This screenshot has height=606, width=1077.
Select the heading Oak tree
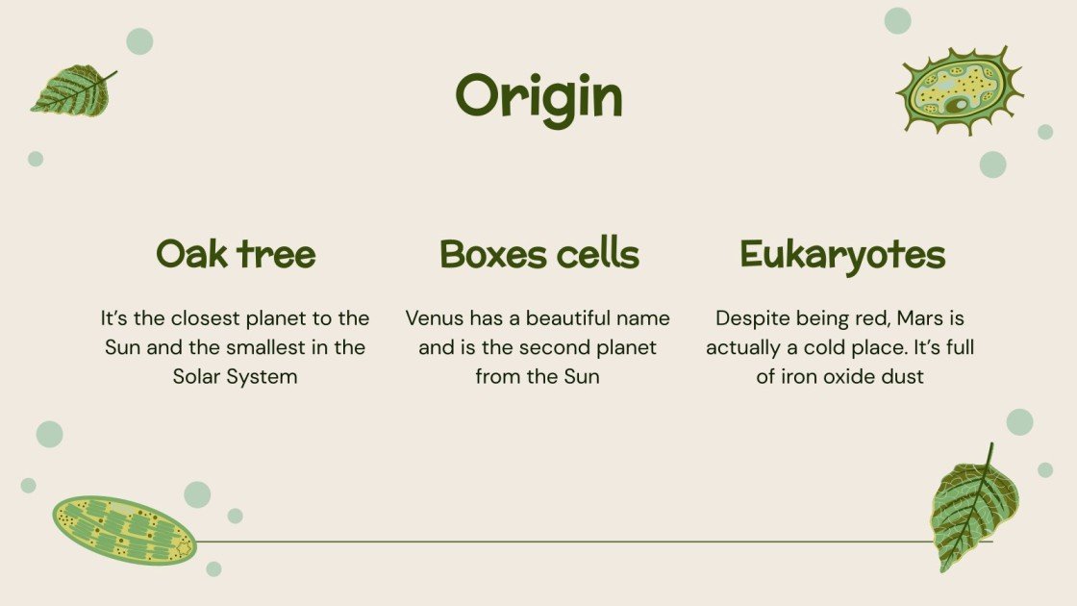point(236,255)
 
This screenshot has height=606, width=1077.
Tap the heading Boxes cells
point(538,255)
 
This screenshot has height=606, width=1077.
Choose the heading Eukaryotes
point(842,255)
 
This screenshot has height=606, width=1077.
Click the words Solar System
point(236,376)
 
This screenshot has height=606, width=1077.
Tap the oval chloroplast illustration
point(124,529)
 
